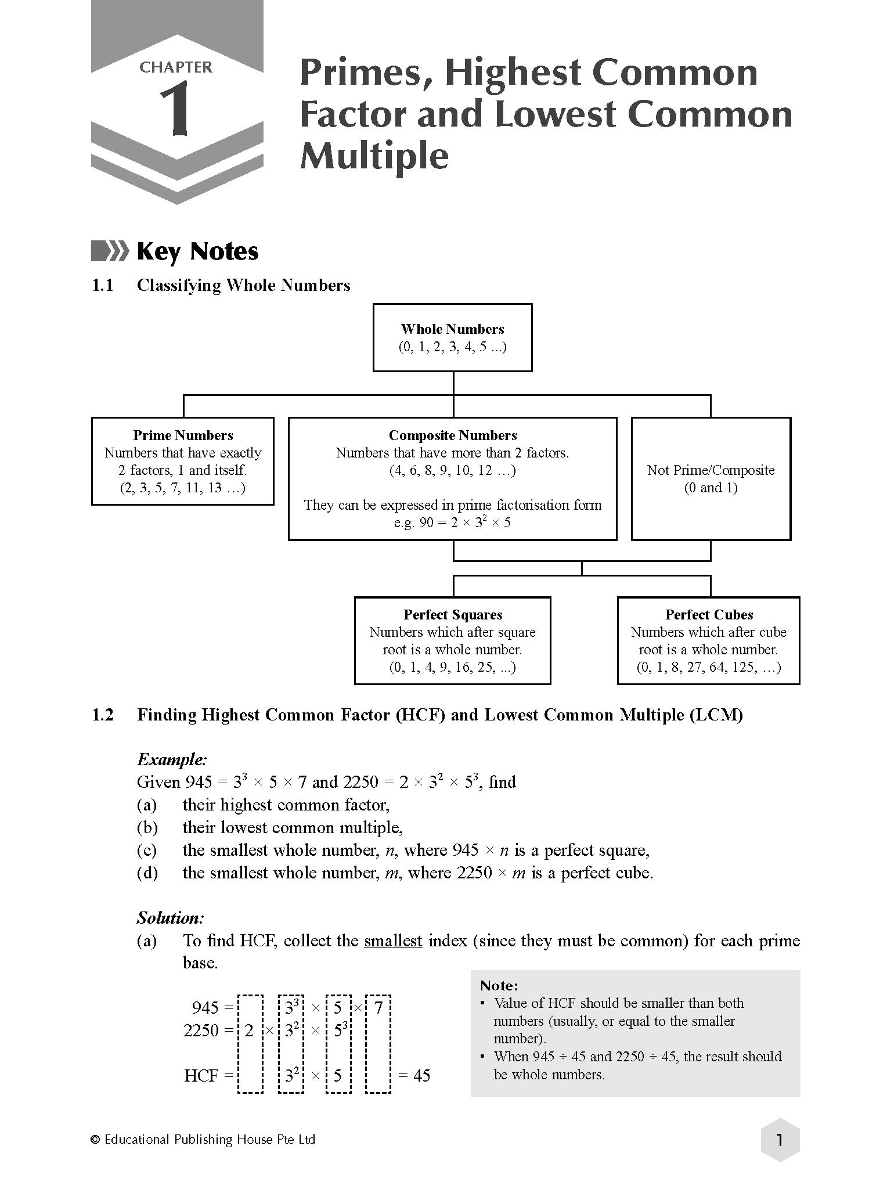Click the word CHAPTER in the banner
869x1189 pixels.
(x=176, y=67)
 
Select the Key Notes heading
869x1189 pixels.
(x=197, y=251)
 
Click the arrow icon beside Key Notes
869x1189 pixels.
(x=110, y=251)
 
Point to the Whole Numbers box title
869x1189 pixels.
(x=452, y=329)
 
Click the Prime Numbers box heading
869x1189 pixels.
(x=183, y=435)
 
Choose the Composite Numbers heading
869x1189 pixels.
(x=452, y=435)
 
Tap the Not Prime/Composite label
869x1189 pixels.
(x=711, y=470)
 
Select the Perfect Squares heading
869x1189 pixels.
(x=453, y=615)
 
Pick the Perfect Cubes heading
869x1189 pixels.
(x=709, y=615)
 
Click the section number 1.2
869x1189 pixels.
(x=103, y=715)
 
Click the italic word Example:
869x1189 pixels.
(x=172, y=759)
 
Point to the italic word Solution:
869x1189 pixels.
(x=171, y=918)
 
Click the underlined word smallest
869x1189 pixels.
(x=393, y=941)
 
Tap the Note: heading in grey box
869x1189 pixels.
(x=499, y=986)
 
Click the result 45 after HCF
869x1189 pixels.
(x=421, y=1076)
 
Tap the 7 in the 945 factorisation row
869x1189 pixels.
(x=378, y=1008)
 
